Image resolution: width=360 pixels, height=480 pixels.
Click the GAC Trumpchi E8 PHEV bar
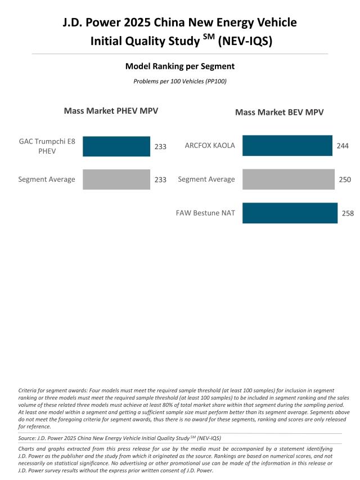[116, 146]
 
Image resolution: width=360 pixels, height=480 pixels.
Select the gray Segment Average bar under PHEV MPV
[116, 180]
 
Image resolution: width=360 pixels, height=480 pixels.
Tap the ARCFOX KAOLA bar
[287, 146]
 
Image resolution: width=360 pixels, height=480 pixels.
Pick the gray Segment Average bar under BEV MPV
[288, 180]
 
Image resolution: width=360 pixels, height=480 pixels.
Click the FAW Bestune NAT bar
[290, 213]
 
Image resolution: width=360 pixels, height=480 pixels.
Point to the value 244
[343, 146]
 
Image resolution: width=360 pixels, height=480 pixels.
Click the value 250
[345, 180]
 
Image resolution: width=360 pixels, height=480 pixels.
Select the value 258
[348, 214]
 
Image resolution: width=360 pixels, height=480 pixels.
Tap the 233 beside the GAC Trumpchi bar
[160, 146]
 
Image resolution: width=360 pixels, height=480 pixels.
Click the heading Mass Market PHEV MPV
[111, 111]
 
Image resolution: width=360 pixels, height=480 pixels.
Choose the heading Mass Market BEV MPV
[279, 113]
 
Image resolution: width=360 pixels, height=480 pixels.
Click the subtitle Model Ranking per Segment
[180, 66]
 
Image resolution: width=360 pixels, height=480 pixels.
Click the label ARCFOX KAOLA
[210, 146]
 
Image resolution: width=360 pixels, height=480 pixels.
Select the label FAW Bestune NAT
[205, 213]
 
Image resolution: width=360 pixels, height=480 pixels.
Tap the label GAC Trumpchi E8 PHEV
[47, 146]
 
